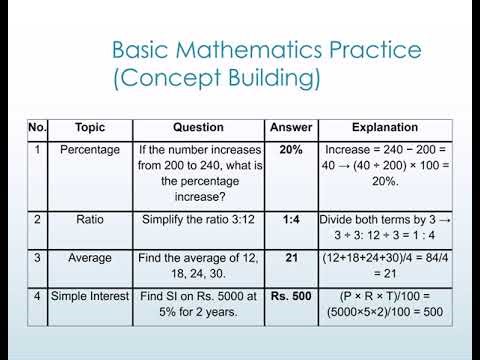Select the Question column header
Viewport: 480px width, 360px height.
(x=199, y=128)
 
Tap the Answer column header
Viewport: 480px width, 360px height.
(x=291, y=128)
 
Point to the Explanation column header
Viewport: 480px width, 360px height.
(x=385, y=128)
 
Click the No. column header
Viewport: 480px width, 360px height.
(x=38, y=128)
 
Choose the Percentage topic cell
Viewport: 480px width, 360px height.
(x=90, y=149)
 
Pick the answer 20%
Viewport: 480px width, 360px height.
(x=291, y=149)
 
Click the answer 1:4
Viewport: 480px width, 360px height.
(x=291, y=218)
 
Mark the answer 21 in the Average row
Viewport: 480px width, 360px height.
(x=291, y=257)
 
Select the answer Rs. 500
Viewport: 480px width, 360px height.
(x=291, y=297)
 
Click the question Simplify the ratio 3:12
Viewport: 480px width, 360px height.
(x=199, y=218)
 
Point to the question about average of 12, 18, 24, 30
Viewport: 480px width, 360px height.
(x=199, y=265)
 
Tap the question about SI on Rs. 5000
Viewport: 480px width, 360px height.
(x=199, y=305)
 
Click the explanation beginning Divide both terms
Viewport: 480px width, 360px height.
(x=385, y=226)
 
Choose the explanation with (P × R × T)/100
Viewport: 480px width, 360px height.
(x=385, y=305)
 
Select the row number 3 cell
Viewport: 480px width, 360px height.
(x=38, y=257)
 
